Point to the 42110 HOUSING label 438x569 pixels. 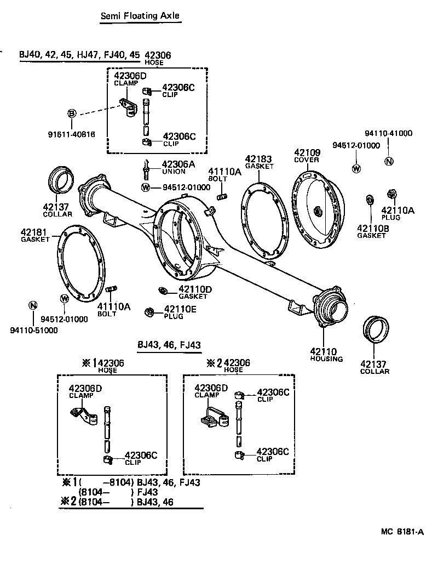[326, 354]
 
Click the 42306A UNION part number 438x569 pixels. [178, 164]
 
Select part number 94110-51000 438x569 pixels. [33, 331]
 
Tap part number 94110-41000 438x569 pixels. [389, 133]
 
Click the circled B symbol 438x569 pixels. [72, 113]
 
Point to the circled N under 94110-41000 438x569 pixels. [389, 161]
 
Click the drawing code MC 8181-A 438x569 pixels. [403, 531]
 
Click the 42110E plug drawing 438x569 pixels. [148, 312]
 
